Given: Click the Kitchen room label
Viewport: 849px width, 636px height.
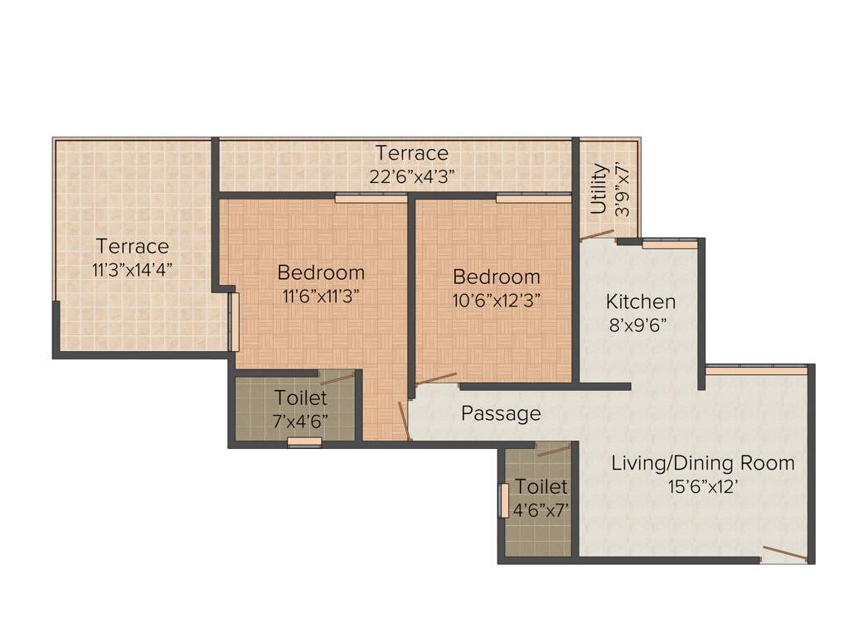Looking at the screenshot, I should (640, 301).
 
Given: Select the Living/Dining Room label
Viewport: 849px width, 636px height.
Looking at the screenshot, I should (702, 463).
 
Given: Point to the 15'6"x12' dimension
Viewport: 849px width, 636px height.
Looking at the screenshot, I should (703, 487).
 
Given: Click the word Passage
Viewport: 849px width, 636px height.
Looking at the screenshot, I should (501, 413).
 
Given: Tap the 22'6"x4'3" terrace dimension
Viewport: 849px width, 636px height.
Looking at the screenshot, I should (411, 176).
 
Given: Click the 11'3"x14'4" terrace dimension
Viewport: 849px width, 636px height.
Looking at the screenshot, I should (132, 269).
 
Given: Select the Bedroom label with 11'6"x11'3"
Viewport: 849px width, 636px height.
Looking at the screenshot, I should (321, 272).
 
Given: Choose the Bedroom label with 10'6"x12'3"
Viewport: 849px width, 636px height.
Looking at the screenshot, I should (497, 277).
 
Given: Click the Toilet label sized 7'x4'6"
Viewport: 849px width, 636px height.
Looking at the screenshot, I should (301, 397).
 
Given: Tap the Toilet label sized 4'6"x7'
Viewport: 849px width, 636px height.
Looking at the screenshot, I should (541, 486).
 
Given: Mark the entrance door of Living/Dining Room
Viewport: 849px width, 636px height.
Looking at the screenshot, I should (784, 553).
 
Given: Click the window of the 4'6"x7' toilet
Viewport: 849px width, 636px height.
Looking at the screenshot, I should (503, 501).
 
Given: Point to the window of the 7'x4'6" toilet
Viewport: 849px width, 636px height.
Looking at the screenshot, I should (304, 442).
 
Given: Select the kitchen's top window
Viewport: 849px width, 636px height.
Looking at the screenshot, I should (670, 244).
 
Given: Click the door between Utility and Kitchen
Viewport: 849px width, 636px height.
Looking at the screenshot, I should (596, 235).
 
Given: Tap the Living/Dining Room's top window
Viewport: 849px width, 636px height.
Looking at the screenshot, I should (756, 370).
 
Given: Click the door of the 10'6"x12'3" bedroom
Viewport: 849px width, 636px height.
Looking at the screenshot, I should (437, 380).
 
